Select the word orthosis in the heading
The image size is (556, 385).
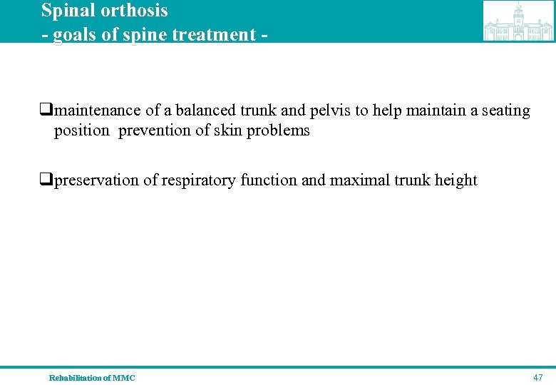(x=135, y=11)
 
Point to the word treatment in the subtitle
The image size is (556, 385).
(x=217, y=34)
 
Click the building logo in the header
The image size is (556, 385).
(x=518, y=21)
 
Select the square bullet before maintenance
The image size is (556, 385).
(x=47, y=111)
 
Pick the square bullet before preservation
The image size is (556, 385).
(x=47, y=180)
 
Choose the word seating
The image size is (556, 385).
(x=505, y=111)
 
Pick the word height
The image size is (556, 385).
(x=456, y=180)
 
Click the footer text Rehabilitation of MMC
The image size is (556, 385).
(x=92, y=378)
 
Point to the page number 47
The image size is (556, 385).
(x=537, y=377)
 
